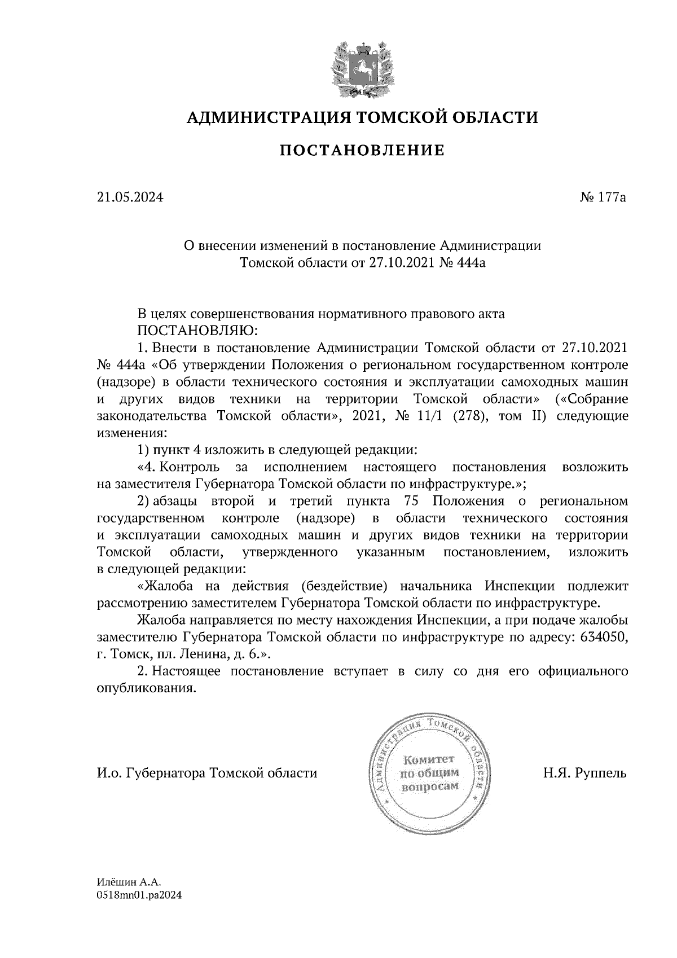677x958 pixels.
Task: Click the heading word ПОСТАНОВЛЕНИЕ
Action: (x=362, y=151)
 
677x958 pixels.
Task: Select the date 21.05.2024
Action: (x=130, y=197)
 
